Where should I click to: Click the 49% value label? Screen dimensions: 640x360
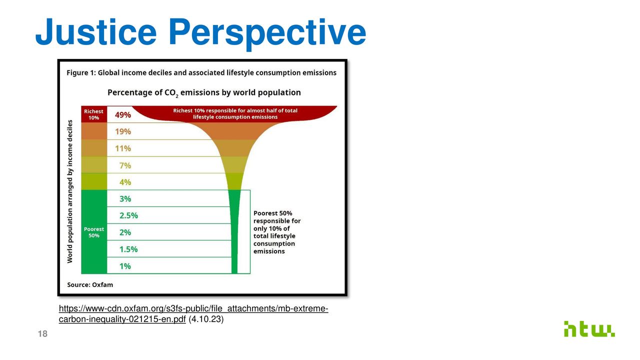(123, 115)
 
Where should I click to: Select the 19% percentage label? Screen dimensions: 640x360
(123, 131)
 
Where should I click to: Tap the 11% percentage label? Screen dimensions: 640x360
(123, 148)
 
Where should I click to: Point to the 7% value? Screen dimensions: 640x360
(125, 165)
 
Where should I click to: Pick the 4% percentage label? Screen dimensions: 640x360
(125, 182)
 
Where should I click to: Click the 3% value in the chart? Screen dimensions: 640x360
(125, 199)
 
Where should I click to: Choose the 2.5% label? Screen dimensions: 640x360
(128, 215)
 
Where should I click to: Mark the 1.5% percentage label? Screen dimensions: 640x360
(128, 249)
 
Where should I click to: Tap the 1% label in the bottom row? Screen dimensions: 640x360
(125, 266)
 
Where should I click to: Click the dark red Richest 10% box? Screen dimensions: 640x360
(94, 114)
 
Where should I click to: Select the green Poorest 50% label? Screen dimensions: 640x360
(93, 232)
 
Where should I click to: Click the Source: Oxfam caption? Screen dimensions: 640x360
(90, 285)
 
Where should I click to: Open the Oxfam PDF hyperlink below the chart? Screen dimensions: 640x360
(193, 313)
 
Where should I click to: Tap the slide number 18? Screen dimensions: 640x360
(42, 333)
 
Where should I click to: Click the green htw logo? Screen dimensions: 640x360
(589, 329)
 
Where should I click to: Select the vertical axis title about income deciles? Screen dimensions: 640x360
(69, 191)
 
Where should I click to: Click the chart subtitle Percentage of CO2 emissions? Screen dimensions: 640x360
(204, 93)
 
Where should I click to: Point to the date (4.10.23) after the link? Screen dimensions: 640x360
(206, 319)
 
